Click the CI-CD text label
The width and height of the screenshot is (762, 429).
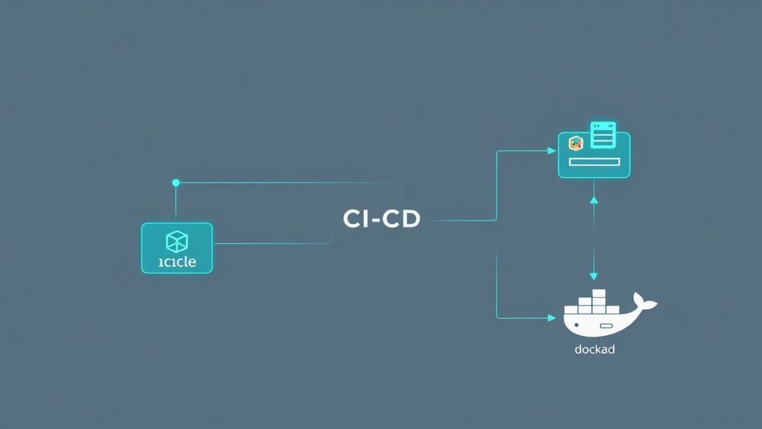[x=382, y=219]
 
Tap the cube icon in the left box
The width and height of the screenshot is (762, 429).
[x=177, y=241]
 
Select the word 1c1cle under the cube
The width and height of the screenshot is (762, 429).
[x=177, y=263]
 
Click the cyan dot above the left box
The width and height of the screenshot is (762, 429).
[x=176, y=182]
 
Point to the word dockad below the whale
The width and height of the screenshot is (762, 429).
[x=595, y=349]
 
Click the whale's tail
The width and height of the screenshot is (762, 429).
[x=647, y=303]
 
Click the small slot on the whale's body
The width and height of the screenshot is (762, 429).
[x=606, y=326]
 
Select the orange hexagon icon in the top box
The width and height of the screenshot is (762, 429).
[x=574, y=143]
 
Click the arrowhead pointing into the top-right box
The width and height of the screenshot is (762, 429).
[x=552, y=151]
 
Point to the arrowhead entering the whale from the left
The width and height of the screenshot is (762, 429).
[x=551, y=318]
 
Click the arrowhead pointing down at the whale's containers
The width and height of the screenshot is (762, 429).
[x=594, y=276]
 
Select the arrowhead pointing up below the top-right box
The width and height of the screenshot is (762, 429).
[x=594, y=199]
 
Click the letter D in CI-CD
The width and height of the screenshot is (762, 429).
[x=410, y=219]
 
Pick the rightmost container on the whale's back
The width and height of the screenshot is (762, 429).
[x=612, y=308]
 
